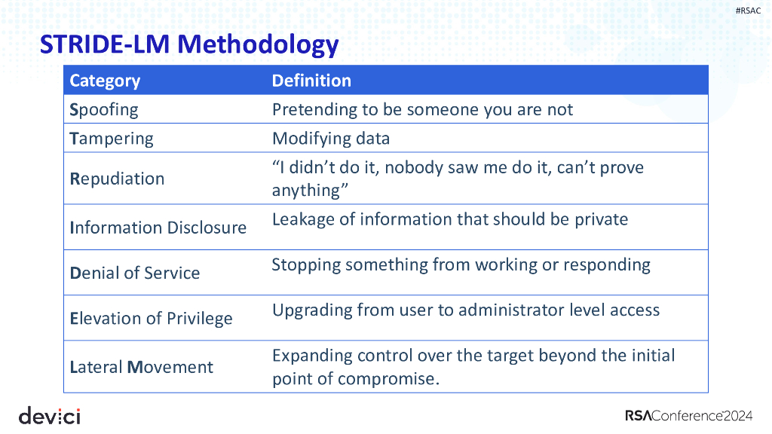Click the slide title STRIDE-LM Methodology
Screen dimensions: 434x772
188,45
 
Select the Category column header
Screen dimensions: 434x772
105,81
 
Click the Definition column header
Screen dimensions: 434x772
311,81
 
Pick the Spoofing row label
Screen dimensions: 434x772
104,109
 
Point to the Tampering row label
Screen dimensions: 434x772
111,139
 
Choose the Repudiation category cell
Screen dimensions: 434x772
117,179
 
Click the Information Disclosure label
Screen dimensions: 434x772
158,228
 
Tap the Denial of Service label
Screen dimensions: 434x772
135,273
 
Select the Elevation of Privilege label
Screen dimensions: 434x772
151,318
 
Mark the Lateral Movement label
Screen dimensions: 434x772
141,367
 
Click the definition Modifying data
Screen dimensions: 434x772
331,139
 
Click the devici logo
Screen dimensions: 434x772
49,415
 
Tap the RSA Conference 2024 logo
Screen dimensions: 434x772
688,416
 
